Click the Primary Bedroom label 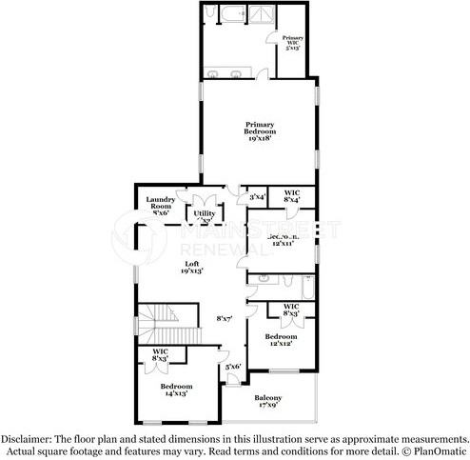(x=259, y=130)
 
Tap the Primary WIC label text (x=292, y=42)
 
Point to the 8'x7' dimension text (x=225, y=318)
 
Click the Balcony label (x=269, y=402)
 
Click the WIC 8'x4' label (x=292, y=194)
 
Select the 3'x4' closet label (x=257, y=197)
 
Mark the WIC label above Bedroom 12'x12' (x=292, y=310)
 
